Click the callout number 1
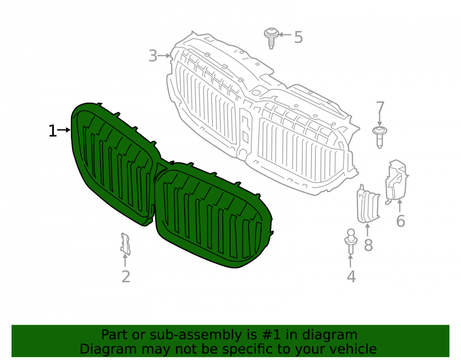point(53,131)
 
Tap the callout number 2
point(126,277)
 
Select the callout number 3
point(153,56)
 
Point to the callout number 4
point(351,277)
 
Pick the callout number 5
point(298,37)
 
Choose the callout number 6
point(401,221)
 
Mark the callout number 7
point(380,107)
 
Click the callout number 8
point(368,245)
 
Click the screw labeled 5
point(271,38)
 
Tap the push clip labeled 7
point(379,137)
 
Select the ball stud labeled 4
point(351,241)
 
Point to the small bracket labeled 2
point(125,244)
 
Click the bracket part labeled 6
point(396,182)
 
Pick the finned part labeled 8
point(368,203)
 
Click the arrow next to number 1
point(64,130)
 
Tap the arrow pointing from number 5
point(284,35)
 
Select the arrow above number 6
point(400,206)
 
